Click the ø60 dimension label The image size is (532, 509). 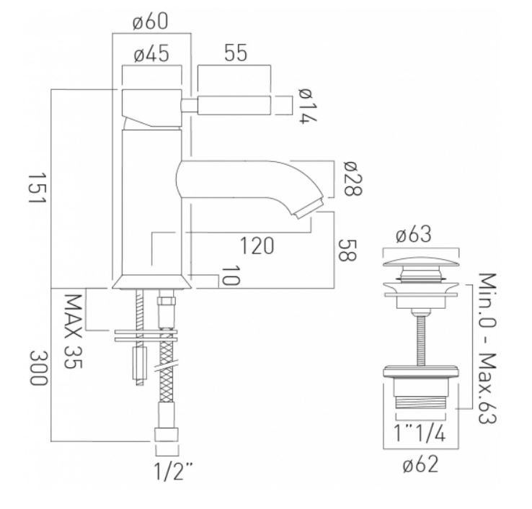tap(151, 22)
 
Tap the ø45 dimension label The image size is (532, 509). tap(151, 54)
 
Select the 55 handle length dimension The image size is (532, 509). tap(236, 53)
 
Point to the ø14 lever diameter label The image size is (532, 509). tap(308, 106)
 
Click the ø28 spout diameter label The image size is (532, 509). tap(353, 179)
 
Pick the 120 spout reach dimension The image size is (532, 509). tap(257, 246)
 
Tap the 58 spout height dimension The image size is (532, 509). tap(347, 251)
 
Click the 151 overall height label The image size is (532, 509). tap(36, 189)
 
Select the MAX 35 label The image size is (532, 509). tap(73, 332)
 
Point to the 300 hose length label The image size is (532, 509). tap(37, 368)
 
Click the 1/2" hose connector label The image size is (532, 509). tap(173, 471)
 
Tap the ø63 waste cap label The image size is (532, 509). tap(414, 234)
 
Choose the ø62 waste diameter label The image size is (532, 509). tap(420, 464)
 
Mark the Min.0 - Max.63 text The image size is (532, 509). tap(487, 348)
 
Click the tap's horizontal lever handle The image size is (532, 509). tap(234, 105)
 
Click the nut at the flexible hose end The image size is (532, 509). tap(167, 435)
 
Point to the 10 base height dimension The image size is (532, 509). tap(231, 275)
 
